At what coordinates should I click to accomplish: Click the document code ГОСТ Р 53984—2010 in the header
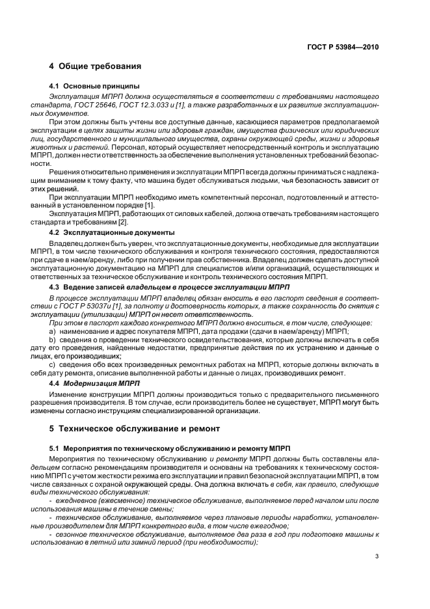(x=343, y=47)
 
